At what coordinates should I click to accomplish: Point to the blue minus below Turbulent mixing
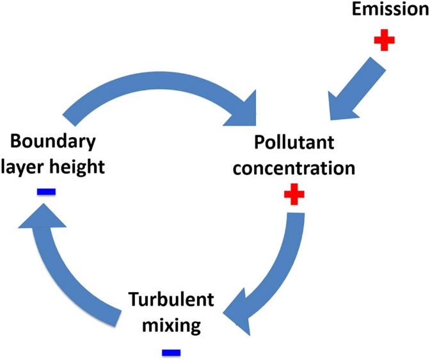click(171, 351)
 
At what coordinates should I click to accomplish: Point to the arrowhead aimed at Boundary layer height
click(42, 221)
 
